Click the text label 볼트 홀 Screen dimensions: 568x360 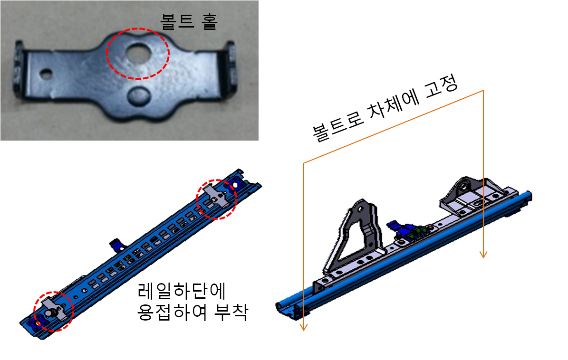tap(189, 21)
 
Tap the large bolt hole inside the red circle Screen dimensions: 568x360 tap(137, 52)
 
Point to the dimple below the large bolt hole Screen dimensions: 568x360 tap(139, 96)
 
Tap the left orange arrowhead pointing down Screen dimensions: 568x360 tap(304, 327)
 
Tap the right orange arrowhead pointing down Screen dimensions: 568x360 tap(483, 255)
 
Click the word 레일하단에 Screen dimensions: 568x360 tap(182, 290)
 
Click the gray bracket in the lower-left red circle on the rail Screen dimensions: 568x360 tap(55, 308)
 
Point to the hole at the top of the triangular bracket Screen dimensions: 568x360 tap(360, 208)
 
